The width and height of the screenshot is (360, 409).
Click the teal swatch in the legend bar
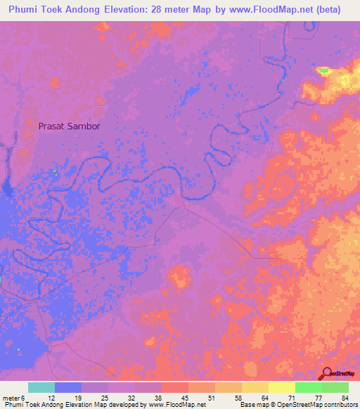coord(41,387)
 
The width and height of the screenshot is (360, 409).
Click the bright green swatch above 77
coord(309,387)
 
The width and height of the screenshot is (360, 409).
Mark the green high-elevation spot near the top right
coord(323,70)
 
